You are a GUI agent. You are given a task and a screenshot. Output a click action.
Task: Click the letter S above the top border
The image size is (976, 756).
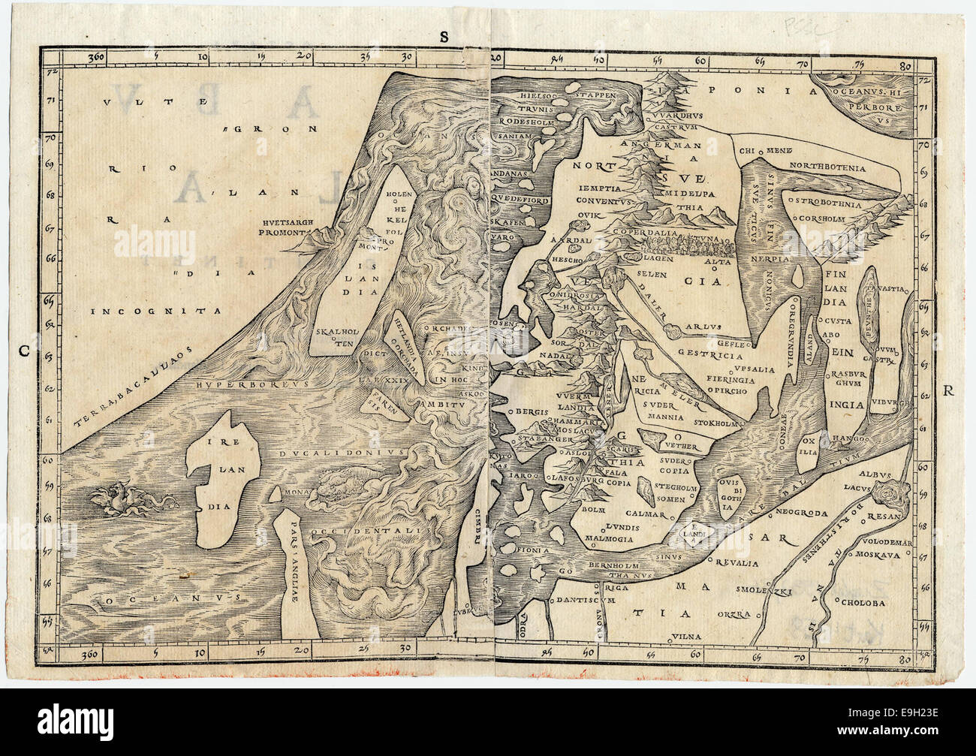444,37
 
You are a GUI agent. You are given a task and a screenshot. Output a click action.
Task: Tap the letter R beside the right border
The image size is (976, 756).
947,390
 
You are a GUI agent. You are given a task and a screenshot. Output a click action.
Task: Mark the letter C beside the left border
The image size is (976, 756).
23,349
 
